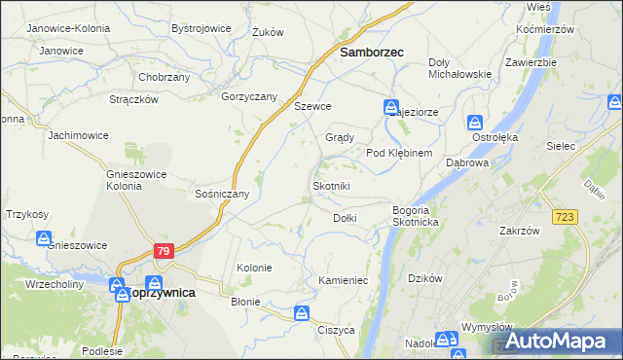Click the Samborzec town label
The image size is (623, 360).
(x=371, y=54)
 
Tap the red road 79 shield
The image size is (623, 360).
(x=164, y=251)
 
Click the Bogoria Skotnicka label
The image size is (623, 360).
(x=418, y=216)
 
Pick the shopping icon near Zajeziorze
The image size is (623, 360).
(x=390, y=107)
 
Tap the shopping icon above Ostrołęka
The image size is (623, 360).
(x=474, y=123)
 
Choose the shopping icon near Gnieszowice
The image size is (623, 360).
(x=44, y=238)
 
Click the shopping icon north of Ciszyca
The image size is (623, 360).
(x=302, y=313)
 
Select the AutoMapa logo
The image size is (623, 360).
(x=554, y=341)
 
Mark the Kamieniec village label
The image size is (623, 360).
(x=342, y=280)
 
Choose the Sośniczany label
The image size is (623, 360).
(x=223, y=194)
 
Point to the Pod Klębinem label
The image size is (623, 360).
(x=405, y=154)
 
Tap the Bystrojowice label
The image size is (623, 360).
(x=201, y=29)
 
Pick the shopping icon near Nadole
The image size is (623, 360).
(x=445, y=340)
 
